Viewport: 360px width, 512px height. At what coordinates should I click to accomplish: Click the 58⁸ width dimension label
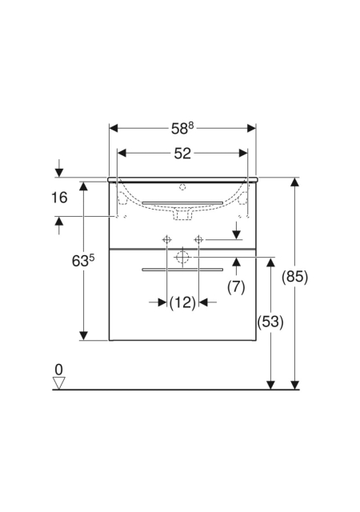click(182, 128)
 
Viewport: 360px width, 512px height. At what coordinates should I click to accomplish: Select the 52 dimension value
click(182, 153)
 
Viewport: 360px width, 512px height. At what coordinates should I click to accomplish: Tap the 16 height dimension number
click(59, 198)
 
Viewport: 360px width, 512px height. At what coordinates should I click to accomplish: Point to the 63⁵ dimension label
click(83, 261)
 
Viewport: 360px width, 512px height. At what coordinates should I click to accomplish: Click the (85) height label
click(295, 278)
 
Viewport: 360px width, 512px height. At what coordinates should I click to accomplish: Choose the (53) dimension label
click(270, 322)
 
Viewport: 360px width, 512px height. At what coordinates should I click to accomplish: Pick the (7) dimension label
click(236, 287)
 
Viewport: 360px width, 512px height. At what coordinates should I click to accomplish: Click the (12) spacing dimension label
click(182, 302)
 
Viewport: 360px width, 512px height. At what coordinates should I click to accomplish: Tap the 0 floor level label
click(59, 370)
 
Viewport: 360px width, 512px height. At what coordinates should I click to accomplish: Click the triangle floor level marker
click(59, 383)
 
